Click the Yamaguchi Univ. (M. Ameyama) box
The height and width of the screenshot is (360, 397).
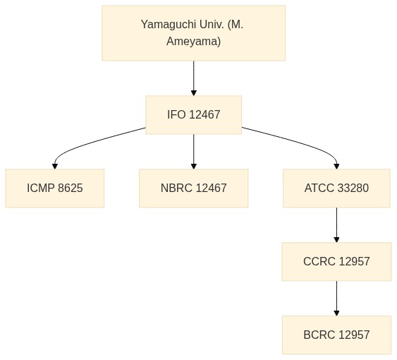tap(194, 33)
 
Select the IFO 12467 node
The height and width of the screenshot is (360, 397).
tap(194, 114)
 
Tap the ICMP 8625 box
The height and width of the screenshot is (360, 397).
tap(55, 188)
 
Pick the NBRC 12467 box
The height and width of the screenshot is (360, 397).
tap(194, 188)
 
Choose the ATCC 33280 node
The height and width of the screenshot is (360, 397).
tap(336, 188)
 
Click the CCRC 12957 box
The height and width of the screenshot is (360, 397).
tap(336, 262)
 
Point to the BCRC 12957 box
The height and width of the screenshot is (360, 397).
tap(336, 335)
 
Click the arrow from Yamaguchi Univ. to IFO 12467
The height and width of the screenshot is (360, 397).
tap(194, 78)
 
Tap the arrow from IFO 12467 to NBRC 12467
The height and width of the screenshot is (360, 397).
tap(194, 152)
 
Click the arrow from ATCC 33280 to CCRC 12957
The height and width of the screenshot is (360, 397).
tap(336, 225)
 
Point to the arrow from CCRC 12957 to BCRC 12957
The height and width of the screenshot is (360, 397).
tap(336, 299)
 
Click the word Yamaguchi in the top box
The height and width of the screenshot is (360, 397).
tap(169, 25)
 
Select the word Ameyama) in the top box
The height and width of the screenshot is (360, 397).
tap(194, 41)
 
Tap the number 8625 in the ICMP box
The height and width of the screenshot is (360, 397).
tap(71, 188)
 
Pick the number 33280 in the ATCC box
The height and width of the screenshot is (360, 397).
tap(353, 188)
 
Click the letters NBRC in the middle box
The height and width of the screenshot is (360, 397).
tap(176, 188)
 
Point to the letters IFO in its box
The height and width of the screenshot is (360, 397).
tap(176, 114)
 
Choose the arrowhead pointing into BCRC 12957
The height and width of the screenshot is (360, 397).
tap(336, 313)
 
